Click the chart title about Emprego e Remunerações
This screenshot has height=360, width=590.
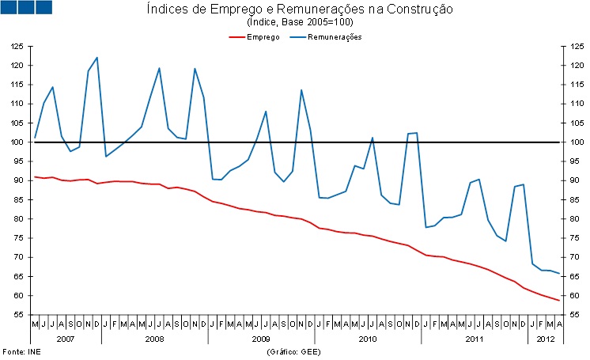(x=300, y=9)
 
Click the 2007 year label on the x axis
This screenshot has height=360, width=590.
(x=66, y=339)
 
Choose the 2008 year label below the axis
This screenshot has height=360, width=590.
(x=154, y=339)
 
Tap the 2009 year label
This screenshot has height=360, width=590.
(x=261, y=339)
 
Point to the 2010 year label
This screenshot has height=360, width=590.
(x=368, y=339)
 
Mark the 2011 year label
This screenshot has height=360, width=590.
(x=475, y=339)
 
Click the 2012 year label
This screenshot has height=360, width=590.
(x=545, y=339)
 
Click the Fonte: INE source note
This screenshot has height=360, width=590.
(x=21, y=351)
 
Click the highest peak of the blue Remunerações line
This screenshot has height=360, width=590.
(x=96, y=57)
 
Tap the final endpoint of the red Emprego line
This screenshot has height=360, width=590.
(x=560, y=301)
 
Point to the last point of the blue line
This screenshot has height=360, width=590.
(x=560, y=274)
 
